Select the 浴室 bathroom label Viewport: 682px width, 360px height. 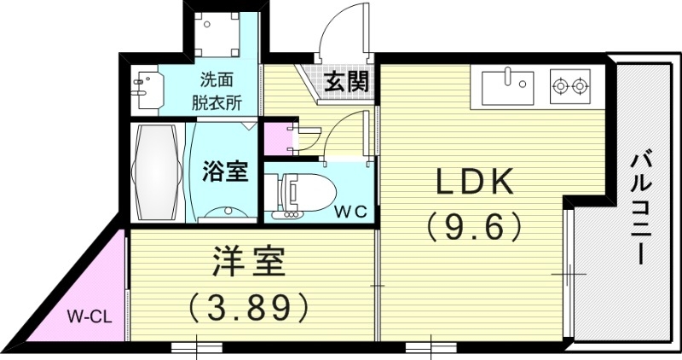(x=225, y=171)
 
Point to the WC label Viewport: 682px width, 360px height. (x=350, y=212)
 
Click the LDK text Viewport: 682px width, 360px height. (x=474, y=182)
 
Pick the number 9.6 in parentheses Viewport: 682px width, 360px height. (x=474, y=225)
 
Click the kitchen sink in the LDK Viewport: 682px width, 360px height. (x=508, y=85)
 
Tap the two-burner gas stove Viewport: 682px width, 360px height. (x=571, y=85)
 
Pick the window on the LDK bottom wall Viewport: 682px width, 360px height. (x=431, y=347)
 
